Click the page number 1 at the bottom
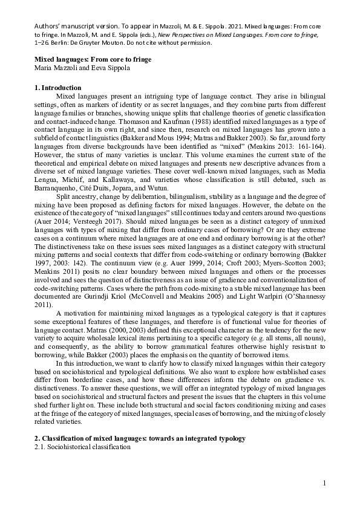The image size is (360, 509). coord(324,482)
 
